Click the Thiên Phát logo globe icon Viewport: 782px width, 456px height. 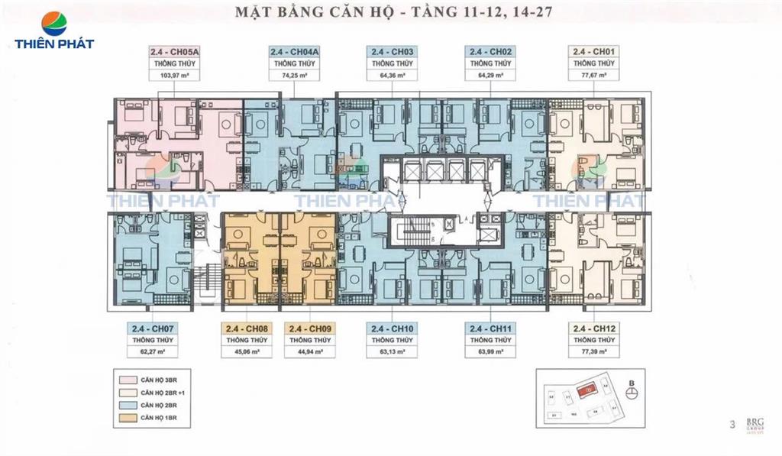pyautogui.click(x=53, y=23)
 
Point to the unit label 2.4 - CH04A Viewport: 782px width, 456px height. pyautogui.click(x=294, y=52)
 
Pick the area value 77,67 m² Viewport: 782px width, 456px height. pyautogui.click(x=595, y=76)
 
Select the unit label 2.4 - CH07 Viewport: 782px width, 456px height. pyautogui.click(x=153, y=328)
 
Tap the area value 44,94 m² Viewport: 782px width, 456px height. pyautogui.click(x=309, y=352)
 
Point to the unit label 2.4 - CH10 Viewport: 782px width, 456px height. pyautogui.click(x=392, y=328)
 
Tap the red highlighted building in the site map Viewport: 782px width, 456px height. pyautogui.click(x=587, y=390)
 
